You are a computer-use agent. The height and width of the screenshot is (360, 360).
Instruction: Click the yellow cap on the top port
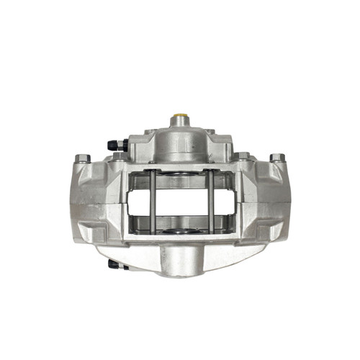(x=180, y=117)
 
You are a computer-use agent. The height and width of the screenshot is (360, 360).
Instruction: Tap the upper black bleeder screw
(x=116, y=146)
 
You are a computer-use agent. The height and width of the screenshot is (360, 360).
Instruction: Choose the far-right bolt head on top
(x=277, y=158)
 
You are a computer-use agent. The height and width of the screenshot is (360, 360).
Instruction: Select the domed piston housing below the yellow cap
(x=180, y=140)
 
